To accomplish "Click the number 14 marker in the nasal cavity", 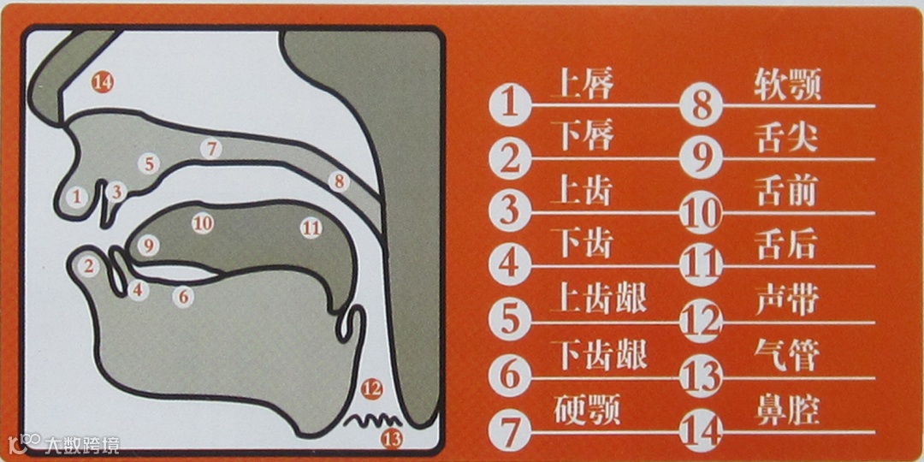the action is click(x=103, y=83).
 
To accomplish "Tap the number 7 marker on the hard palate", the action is click(x=211, y=149).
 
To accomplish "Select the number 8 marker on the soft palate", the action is click(x=339, y=181).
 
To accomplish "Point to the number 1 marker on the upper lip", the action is click(x=76, y=198).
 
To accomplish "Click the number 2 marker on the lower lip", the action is click(x=89, y=268).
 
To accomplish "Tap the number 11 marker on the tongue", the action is click(x=311, y=228).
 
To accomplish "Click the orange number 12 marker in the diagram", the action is click(x=372, y=389).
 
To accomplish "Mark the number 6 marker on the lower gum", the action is click(x=183, y=297).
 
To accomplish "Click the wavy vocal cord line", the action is click(x=373, y=419).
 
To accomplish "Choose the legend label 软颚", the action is click(x=788, y=86).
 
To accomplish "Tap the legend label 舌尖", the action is click(x=786, y=139).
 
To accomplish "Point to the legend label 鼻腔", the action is click(x=787, y=410).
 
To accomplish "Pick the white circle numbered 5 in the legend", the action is click(x=510, y=321).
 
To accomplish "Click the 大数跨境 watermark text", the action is click(x=82, y=444).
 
